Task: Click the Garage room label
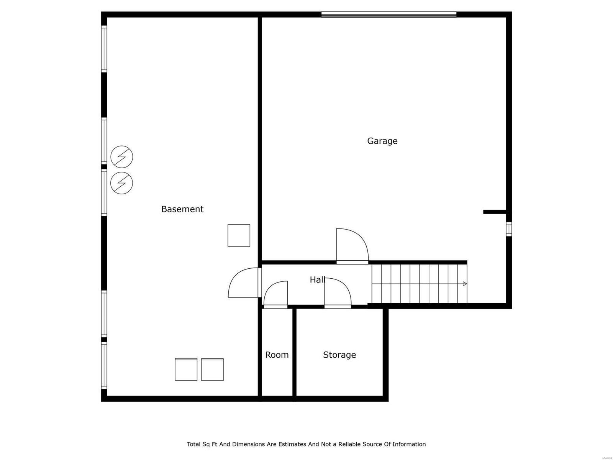[x=382, y=141]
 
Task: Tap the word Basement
[x=182, y=209]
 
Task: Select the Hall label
[x=317, y=280]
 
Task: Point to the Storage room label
[x=339, y=355]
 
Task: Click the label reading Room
[x=277, y=355]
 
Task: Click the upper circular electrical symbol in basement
[x=122, y=157]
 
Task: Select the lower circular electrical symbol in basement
[x=122, y=183]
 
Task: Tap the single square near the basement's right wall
[x=239, y=235]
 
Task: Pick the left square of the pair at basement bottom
[x=186, y=370]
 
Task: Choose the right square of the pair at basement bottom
[x=212, y=370]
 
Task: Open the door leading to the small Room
[x=276, y=294]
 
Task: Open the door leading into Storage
[x=337, y=293]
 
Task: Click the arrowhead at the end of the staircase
[x=465, y=284]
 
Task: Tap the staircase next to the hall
[x=419, y=284]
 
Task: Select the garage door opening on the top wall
[x=388, y=15]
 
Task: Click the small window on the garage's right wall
[x=509, y=229]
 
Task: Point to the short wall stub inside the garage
[x=495, y=212]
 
